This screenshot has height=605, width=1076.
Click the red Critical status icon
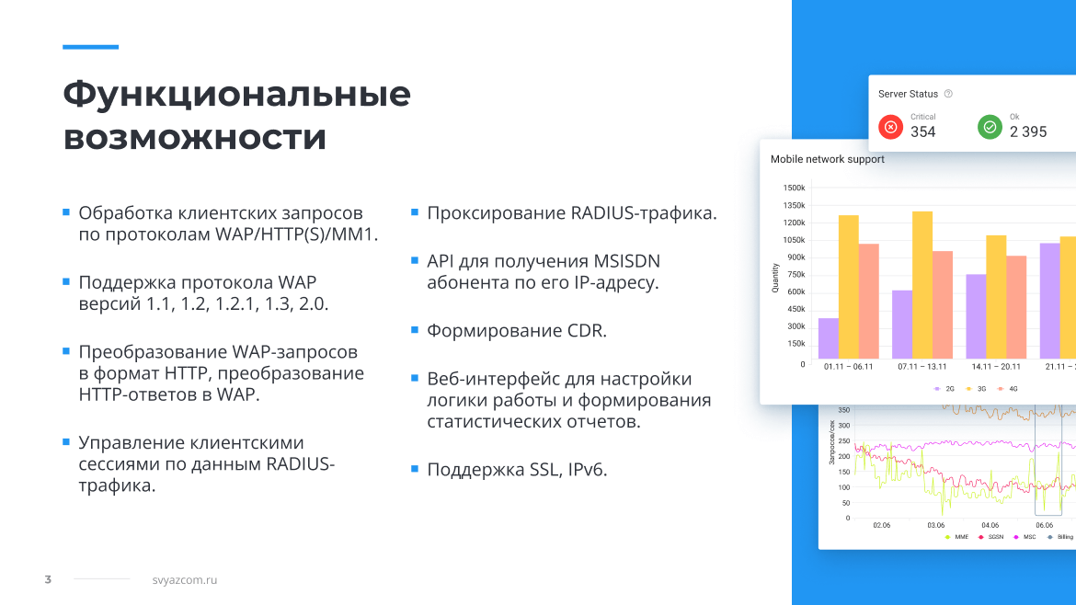(x=891, y=127)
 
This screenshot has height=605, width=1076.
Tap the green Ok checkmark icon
(x=990, y=127)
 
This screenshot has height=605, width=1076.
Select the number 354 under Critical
(x=923, y=131)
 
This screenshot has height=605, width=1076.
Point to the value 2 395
(x=1028, y=131)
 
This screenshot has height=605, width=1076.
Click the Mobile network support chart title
(x=827, y=159)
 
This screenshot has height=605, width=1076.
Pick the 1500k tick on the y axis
(x=794, y=188)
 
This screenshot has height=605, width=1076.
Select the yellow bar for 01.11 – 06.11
(x=849, y=287)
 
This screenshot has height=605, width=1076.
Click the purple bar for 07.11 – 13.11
(x=902, y=325)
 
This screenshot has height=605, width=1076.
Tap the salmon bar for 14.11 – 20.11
(x=1016, y=307)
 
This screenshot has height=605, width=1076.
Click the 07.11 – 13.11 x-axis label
(x=922, y=367)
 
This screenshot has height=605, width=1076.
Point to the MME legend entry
(x=956, y=537)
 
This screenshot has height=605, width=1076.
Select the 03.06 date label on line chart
(x=936, y=525)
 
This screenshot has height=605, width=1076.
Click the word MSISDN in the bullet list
(x=626, y=261)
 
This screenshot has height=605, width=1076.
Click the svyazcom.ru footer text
(x=185, y=579)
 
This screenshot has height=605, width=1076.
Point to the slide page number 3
(x=48, y=579)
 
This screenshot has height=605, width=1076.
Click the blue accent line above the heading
(x=90, y=47)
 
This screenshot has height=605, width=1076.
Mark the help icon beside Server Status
(x=948, y=93)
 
